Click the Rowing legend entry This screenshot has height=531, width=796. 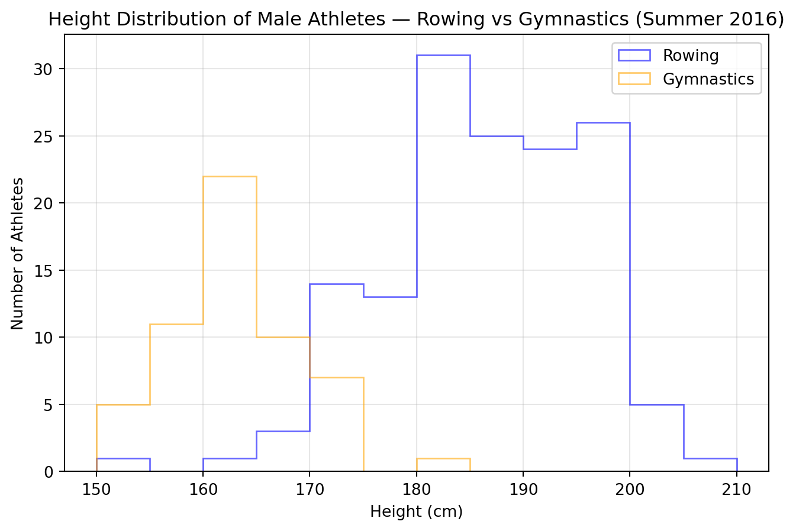coord(690,56)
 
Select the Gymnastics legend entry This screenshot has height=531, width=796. coord(708,79)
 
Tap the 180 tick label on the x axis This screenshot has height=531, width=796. coord(417,490)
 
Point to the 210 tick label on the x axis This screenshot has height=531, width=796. coord(737,490)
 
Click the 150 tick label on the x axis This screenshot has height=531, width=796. coord(96,490)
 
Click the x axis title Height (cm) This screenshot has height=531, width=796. coord(416,511)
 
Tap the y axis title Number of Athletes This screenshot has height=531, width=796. coord(18,253)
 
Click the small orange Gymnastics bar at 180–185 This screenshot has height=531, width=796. coord(443,465)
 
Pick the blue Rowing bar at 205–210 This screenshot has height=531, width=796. coord(710,465)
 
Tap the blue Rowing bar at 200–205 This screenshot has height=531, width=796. coord(657,438)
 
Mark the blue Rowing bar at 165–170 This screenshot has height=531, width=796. coord(283,452)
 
